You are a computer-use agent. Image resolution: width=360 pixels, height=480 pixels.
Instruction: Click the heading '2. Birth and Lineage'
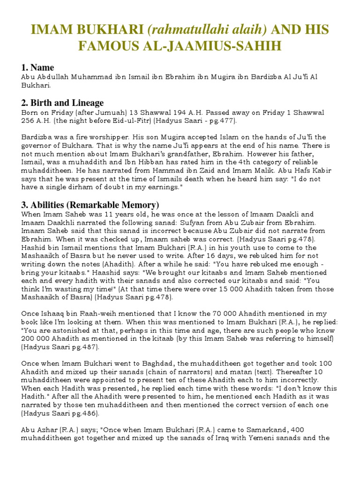62,103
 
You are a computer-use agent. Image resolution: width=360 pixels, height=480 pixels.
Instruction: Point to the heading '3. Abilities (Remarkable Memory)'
90,205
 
